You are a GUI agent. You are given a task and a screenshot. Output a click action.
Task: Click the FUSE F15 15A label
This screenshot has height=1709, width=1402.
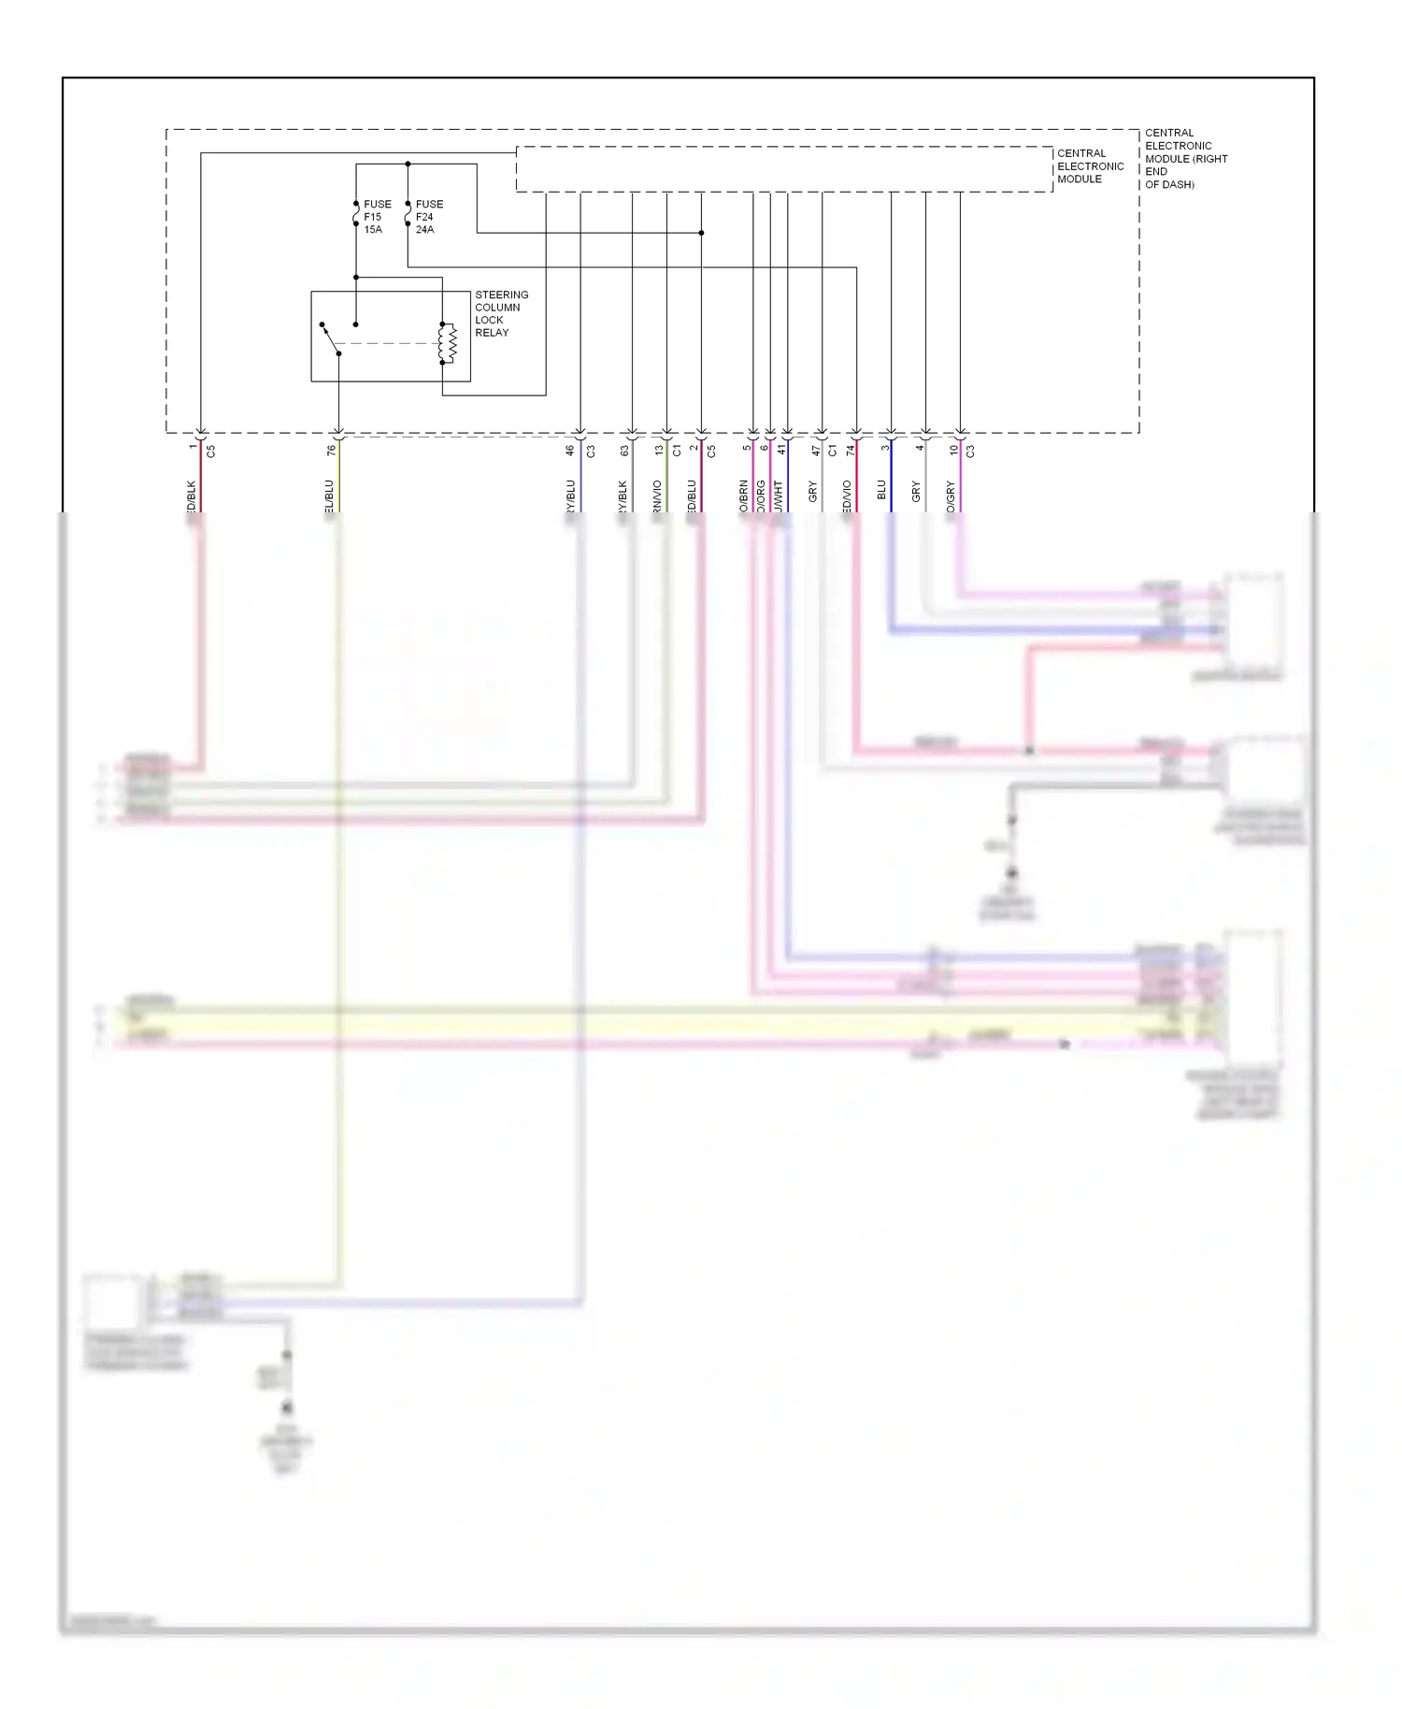377,217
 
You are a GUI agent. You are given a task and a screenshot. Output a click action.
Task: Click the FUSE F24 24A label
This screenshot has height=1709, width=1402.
429,217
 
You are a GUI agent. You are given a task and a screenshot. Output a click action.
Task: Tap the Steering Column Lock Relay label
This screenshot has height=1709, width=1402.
500,313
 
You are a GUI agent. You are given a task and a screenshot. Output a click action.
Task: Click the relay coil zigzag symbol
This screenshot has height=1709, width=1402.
450,343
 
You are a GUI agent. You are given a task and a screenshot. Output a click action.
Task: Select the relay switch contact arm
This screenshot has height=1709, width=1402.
330,338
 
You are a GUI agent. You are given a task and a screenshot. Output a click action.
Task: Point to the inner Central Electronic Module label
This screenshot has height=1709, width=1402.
1089,166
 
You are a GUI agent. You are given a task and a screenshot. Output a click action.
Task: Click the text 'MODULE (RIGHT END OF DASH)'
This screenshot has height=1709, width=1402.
1185,171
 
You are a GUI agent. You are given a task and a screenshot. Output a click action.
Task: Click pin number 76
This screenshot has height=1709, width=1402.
331,451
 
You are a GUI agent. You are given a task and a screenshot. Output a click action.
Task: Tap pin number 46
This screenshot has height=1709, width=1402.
570,451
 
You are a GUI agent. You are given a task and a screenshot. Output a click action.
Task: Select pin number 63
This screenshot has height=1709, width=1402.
624,451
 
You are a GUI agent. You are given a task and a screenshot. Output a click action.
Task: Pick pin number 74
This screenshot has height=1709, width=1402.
851,451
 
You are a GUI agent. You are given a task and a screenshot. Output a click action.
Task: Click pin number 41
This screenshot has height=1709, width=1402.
781,451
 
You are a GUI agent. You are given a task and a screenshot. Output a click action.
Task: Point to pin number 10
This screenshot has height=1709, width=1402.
953,451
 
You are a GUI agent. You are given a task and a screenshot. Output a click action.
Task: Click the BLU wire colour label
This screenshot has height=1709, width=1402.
881,490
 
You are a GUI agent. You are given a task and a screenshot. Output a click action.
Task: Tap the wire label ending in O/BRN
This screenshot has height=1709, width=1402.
744,496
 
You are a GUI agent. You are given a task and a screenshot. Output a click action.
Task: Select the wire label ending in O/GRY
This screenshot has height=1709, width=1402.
951,496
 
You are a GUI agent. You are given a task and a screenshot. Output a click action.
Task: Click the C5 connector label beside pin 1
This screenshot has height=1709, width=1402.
211,451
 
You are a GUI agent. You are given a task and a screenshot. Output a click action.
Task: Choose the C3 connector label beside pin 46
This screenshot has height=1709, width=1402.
591,451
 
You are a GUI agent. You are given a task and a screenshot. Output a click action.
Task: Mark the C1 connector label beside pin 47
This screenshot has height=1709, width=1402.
833,451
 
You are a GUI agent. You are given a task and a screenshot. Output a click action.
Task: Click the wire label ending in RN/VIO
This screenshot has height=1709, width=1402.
657,496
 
